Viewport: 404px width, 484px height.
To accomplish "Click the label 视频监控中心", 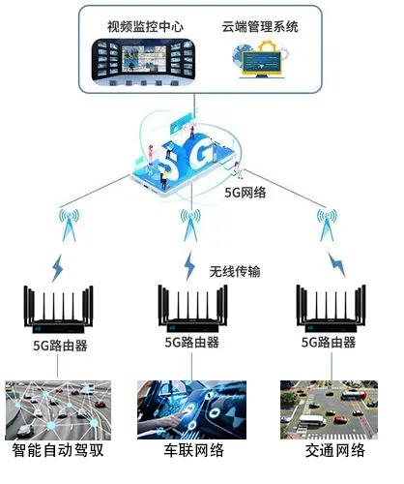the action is click(145, 26).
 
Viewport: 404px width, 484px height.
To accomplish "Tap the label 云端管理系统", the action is click(260, 26).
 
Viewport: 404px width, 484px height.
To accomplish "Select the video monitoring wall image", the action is click(144, 62).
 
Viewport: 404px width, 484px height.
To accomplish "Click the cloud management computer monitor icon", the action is click(262, 60).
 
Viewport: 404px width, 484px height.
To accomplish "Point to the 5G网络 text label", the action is click(245, 193).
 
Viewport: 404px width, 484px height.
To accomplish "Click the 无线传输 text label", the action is click(235, 271).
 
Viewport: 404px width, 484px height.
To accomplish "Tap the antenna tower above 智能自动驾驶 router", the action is click(69, 226).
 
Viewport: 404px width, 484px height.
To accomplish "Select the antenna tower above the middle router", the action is click(190, 226).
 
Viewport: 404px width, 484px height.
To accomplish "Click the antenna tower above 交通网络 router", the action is click(327, 226).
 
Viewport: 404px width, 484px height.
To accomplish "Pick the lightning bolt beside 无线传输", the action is click(189, 266).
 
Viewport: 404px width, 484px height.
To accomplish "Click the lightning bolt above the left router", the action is click(58, 268).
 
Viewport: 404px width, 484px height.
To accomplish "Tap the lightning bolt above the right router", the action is click(336, 264).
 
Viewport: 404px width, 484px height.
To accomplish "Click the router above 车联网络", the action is click(192, 309).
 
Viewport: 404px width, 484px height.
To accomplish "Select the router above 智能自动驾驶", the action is click(58, 310).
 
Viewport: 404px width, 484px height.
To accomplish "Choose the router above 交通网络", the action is click(332, 309).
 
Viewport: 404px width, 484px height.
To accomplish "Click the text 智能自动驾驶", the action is click(58, 450).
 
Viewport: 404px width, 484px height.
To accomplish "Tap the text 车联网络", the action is click(193, 450).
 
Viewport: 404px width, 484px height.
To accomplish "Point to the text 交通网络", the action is click(335, 450).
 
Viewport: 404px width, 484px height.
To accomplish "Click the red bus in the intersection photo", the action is click(353, 395).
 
